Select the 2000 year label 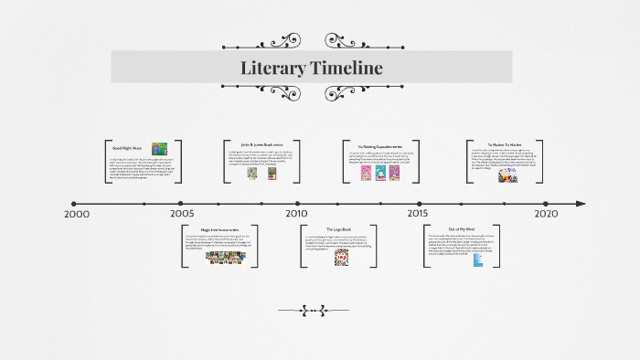pos(77,214)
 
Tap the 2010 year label pos(296,214)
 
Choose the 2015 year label pos(417,214)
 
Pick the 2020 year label pos(545,214)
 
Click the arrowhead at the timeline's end pos(579,204)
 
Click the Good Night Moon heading pos(130,148)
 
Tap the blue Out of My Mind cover pos(477,260)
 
